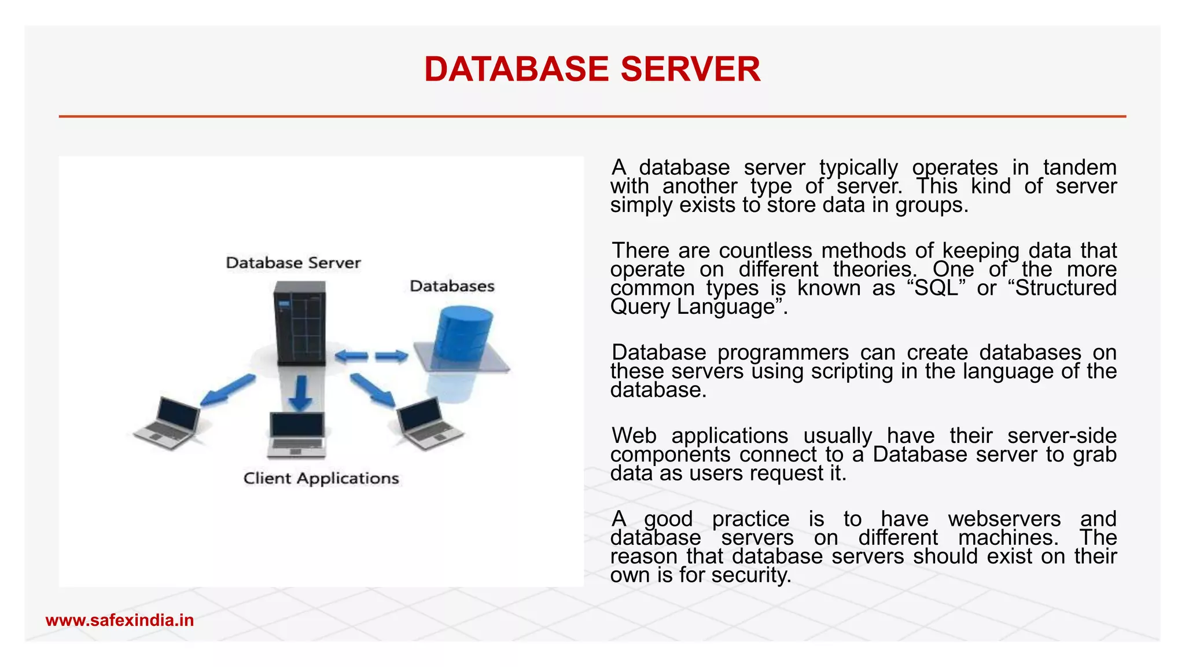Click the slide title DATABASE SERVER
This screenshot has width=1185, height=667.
click(x=592, y=69)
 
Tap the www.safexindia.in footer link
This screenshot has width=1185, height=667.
click(x=120, y=621)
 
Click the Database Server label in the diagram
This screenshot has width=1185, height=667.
click(x=293, y=263)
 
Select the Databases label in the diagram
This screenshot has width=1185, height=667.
click(x=452, y=286)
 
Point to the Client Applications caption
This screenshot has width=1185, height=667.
click(x=321, y=478)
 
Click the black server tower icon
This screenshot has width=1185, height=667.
click(x=300, y=322)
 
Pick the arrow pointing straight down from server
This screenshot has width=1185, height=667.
click(x=300, y=393)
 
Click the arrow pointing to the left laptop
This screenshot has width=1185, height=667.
click(x=227, y=390)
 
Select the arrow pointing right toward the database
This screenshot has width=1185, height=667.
click(x=392, y=356)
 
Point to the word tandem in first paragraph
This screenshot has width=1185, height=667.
click(x=1079, y=168)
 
